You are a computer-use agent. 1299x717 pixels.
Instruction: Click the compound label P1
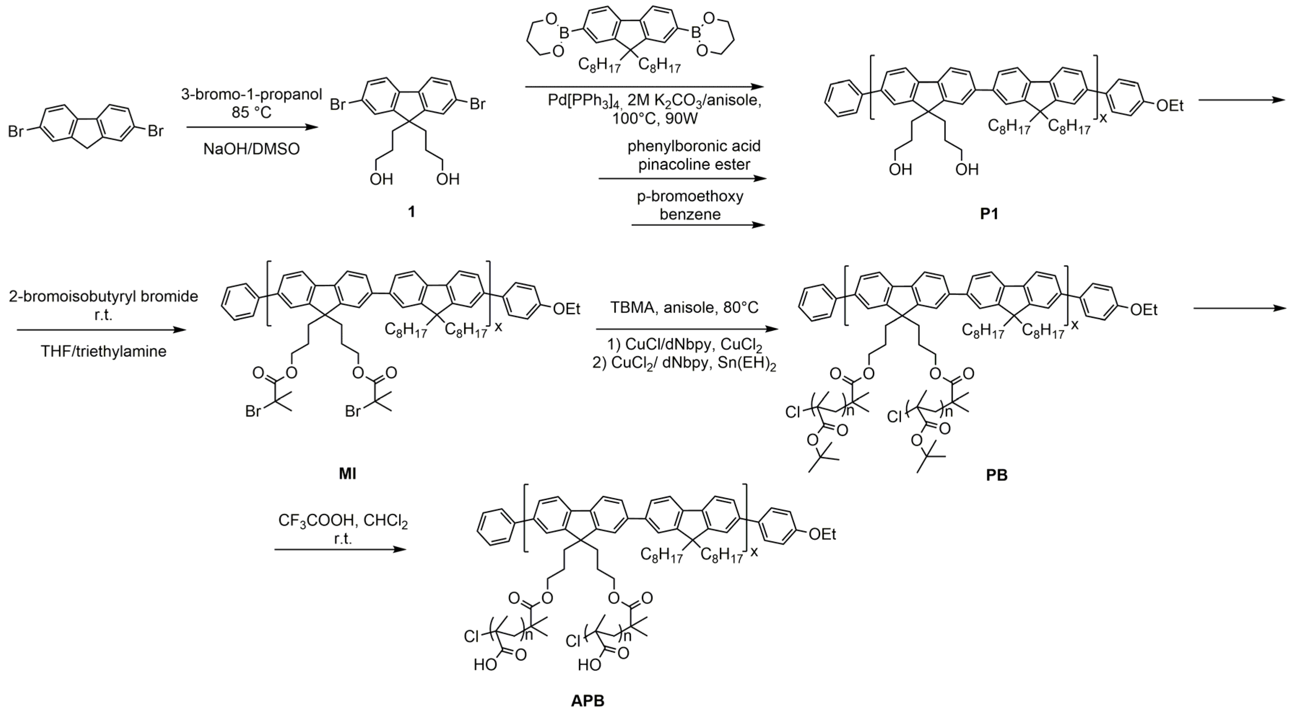tap(989, 214)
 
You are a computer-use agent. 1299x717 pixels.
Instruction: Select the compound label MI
tap(347, 474)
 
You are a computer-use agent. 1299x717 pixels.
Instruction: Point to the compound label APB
tap(588, 700)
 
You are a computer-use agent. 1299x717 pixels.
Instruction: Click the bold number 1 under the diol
tap(411, 211)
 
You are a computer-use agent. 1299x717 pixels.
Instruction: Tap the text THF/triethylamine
tap(103, 351)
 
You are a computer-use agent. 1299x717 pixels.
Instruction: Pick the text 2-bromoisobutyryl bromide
tap(103, 296)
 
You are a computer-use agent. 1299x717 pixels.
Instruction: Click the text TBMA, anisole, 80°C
tap(684, 307)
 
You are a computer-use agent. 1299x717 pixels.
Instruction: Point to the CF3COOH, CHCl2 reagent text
tap(343, 520)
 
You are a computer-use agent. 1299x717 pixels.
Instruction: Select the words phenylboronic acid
tap(694, 146)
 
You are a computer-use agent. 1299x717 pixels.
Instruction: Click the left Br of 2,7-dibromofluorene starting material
tap(16, 131)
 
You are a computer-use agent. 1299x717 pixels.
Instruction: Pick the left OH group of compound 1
tap(381, 179)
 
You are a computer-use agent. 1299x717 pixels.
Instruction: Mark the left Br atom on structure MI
tap(253, 412)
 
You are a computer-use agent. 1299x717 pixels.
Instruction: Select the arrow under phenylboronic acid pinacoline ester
tap(682, 178)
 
